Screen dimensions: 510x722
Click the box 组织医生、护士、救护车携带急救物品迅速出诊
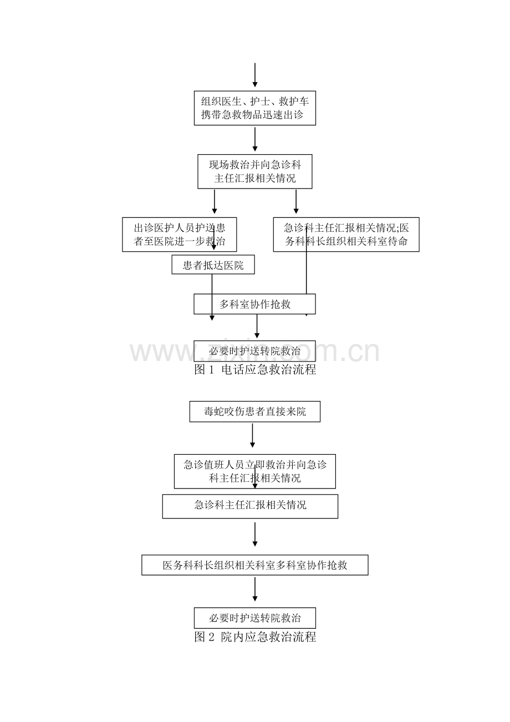pos(254,108)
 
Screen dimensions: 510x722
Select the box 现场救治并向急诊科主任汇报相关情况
pos(255,171)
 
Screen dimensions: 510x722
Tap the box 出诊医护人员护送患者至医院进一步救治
pos(180,235)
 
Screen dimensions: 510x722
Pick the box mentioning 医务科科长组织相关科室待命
pos(346,235)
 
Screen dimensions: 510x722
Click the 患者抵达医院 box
pos(213,265)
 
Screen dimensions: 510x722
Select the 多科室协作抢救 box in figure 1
pos(254,304)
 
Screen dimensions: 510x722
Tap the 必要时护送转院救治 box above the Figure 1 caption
pos(254,351)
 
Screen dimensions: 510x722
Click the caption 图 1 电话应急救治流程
pos(255,369)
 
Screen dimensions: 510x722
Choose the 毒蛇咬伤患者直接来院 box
pos(255,411)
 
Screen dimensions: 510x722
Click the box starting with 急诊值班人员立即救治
pos(255,471)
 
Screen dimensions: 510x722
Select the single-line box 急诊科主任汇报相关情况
pos(250,506)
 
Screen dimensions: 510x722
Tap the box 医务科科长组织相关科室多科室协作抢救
pos(255,565)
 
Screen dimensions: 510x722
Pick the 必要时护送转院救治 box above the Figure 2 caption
pos(255,618)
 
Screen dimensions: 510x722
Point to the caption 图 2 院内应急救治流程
pos(255,637)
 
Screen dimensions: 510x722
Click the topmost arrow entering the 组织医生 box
pos(255,75)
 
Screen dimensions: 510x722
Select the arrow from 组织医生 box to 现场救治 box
pos(255,139)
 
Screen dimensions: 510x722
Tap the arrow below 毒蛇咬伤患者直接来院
pos(253,435)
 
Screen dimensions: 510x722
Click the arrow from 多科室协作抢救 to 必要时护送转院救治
pos(257,326)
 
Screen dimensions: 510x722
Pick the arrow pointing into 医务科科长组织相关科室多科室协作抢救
pos(255,535)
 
